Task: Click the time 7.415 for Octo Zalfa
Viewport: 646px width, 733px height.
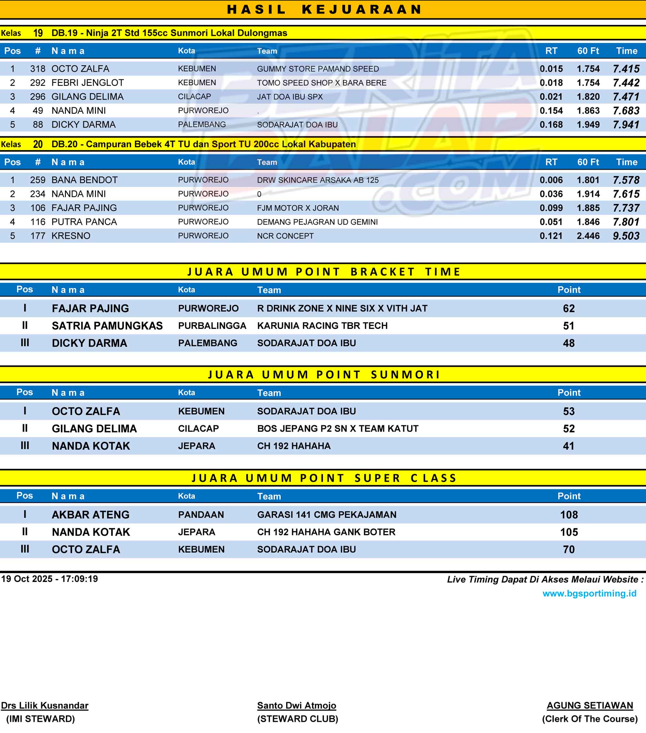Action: [x=626, y=69]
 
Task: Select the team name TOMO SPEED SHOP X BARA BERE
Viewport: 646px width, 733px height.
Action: [x=322, y=83]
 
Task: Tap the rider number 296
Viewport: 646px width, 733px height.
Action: [x=38, y=97]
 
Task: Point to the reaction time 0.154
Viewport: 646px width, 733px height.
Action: [x=551, y=111]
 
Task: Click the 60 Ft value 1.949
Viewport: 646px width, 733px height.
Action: [x=588, y=125]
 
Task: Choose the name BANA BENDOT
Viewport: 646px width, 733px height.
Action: [x=84, y=180]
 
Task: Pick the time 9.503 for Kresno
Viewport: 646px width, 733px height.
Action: [x=626, y=236]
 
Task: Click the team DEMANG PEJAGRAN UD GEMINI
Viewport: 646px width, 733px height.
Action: [x=317, y=222]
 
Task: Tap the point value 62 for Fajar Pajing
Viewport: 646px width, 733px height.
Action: [x=568, y=309]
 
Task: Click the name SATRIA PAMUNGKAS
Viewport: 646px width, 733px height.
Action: [x=107, y=326]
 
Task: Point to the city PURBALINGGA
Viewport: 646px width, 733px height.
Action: [x=212, y=326]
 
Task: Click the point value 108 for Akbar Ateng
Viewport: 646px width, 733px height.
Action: [x=568, y=515]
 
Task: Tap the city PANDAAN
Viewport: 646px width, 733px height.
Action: [x=201, y=515]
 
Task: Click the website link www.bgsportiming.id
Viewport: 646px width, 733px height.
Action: [x=589, y=594]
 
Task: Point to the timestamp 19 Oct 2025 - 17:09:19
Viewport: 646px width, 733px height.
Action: [x=49, y=579]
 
